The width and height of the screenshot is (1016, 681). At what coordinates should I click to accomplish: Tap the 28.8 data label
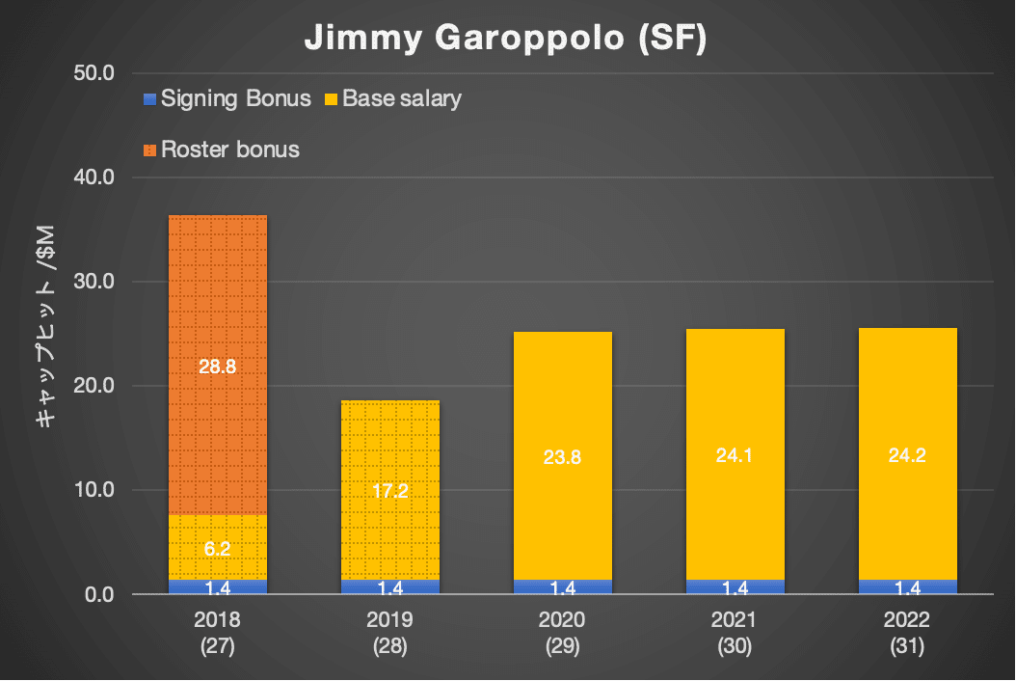tap(218, 366)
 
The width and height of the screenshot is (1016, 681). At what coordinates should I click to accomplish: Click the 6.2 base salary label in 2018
tap(218, 549)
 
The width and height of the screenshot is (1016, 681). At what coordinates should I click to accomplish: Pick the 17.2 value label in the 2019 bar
tap(390, 491)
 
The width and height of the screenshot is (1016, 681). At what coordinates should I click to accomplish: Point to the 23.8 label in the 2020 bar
tap(563, 458)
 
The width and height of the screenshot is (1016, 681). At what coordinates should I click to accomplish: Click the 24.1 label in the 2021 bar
tap(735, 457)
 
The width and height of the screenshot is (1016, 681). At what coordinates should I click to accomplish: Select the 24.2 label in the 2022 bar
tap(908, 457)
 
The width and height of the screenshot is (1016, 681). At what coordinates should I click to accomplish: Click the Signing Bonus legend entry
tap(227, 98)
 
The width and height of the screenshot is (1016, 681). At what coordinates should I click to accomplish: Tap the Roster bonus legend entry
tap(221, 150)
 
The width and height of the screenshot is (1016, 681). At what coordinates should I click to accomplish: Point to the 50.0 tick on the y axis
tap(94, 73)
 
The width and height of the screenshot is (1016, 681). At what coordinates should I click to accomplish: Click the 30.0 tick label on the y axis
tap(94, 282)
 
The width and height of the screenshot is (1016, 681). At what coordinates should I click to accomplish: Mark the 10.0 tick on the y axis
tap(94, 490)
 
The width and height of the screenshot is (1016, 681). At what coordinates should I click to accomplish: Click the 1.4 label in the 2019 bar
tap(390, 587)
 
